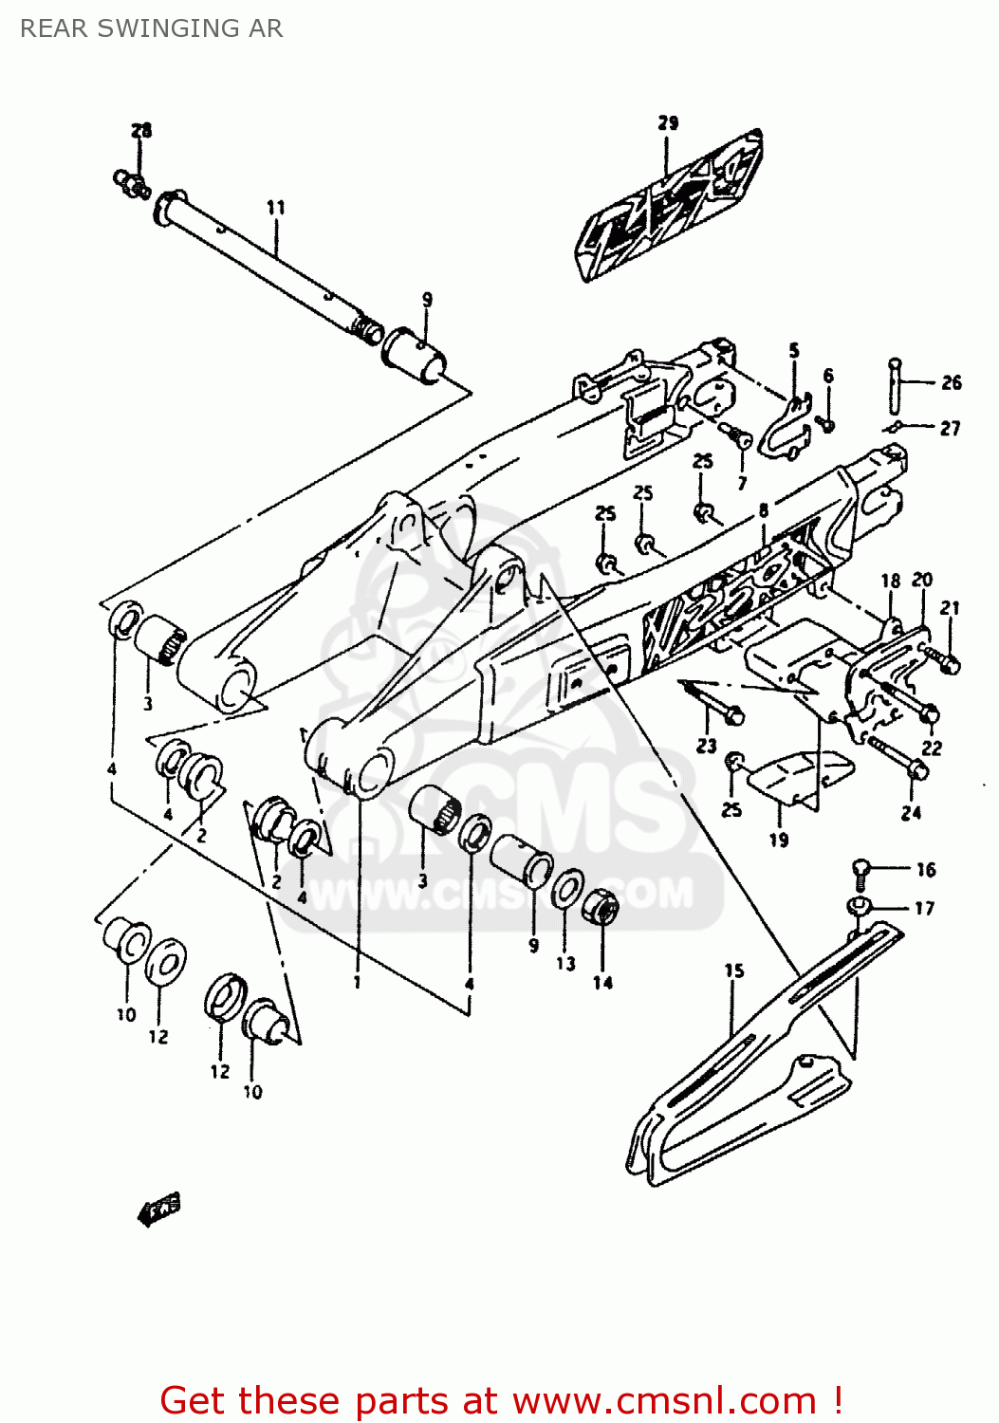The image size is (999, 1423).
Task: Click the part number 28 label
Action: [x=141, y=131]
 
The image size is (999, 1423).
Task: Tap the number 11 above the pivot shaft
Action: [x=275, y=208]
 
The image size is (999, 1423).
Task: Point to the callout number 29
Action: [x=668, y=123]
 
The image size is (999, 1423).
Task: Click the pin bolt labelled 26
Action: [x=895, y=385]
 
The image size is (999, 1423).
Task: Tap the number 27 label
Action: [x=950, y=429]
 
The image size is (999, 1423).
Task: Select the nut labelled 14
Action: [x=601, y=908]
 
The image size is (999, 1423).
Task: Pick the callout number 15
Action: [x=734, y=970]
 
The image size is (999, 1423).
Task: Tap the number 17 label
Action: [x=924, y=908]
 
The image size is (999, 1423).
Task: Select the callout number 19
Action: [x=778, y=840]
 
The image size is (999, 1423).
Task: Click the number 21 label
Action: [x=950, y=608]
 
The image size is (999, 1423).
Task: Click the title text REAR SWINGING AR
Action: [x=151, y=28]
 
